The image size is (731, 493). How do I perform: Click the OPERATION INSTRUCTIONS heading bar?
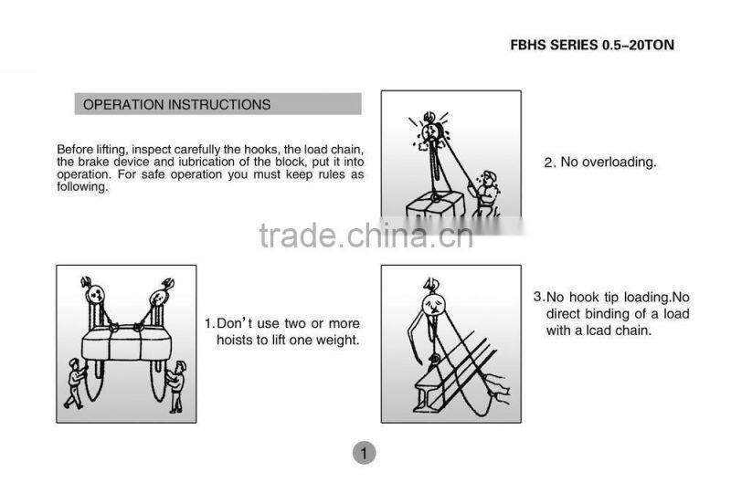coord(217,104)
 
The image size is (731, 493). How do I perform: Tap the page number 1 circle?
coord(364,452)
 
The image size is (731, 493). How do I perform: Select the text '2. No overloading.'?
coord(599,163)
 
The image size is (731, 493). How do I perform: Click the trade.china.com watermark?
coord(365,236)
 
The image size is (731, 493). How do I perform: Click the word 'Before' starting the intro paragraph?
coord(76,150)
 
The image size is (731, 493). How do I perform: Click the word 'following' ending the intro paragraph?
coord(82,188)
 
